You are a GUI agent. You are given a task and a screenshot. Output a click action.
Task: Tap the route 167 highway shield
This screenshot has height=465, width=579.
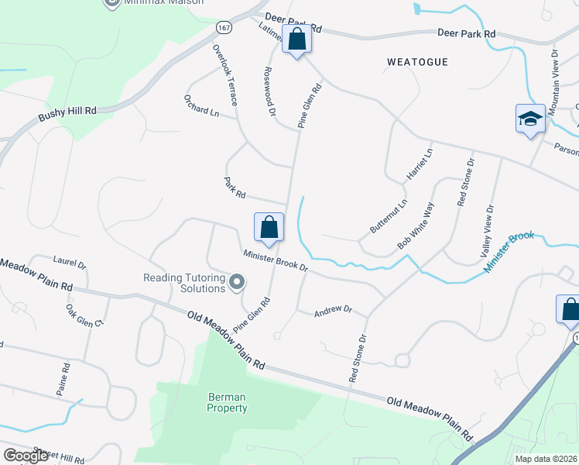pyautogui.click(x=224, y=27)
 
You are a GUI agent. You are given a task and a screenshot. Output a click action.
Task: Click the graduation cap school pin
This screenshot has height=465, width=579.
pyautogui.click(x=530, y=119)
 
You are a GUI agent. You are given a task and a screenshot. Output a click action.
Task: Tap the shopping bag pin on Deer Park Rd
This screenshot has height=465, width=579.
pyautogui.click(x=297, y=38)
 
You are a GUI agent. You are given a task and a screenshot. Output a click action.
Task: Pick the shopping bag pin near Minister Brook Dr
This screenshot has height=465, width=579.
pyautogui.click(x=269, y=227)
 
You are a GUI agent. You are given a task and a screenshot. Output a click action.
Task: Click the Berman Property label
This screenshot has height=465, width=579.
pyautogui.click(x=228, y=402)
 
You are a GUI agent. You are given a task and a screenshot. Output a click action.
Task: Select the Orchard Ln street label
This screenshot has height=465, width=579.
pyautogui.click(x=201, y=106)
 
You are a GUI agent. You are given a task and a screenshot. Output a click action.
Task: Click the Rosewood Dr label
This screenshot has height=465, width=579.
pyautogui.click(x=269, y=91)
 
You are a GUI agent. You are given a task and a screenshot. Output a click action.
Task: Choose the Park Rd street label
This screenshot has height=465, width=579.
pyautogui.click(x=235, y=187)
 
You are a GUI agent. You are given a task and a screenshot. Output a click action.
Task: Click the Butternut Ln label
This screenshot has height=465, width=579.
pyautogui.click(x=388, y=217)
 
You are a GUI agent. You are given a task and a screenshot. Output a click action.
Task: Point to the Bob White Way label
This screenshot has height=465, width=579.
pyautogui.click(x=416, y=226)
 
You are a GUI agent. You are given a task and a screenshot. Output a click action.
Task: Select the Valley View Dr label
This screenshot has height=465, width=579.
pyautogui.click(x=488, y=231)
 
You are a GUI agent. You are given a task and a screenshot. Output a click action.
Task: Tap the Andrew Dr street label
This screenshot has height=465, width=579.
pyautogui.click(x=333, y=312)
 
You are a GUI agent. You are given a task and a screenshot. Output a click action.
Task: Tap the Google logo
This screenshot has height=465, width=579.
pyautogui.click(x=26, y=455)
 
